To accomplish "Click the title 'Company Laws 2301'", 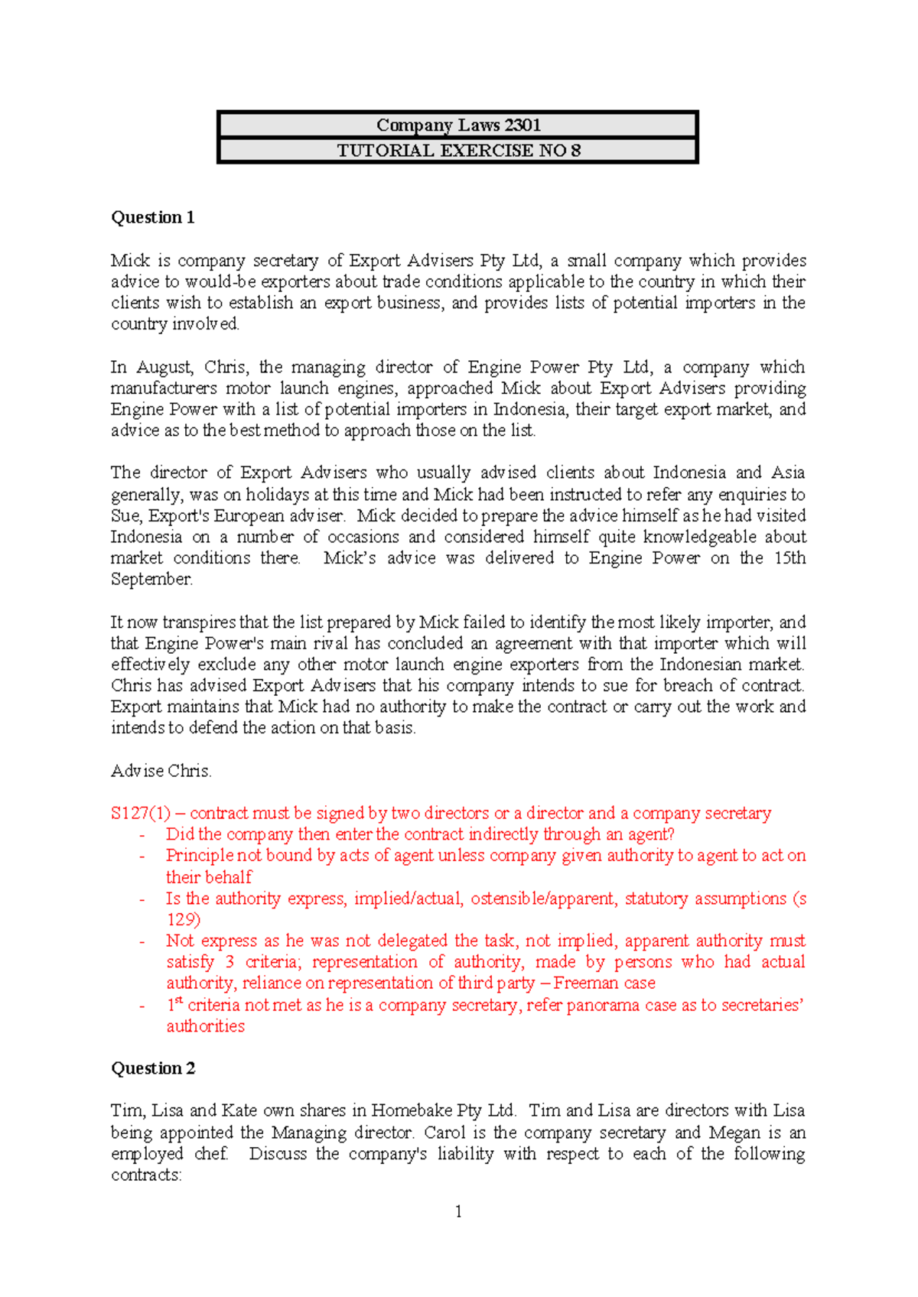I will click(457, 125).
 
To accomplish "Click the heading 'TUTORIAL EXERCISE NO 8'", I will click(457, 150).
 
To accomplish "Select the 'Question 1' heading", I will click(153, 217).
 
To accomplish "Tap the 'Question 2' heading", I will click(153, 1068).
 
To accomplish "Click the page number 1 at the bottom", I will click(457, 1211).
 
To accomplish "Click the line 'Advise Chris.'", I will click(161, 771).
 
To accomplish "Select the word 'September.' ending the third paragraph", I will click(151, 579).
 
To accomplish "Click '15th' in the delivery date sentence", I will click(789, 557).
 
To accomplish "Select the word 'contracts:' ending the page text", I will click(146, 1175).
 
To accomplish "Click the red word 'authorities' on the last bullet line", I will click(206, 1026).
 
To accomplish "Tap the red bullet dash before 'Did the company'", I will click(142, 835).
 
